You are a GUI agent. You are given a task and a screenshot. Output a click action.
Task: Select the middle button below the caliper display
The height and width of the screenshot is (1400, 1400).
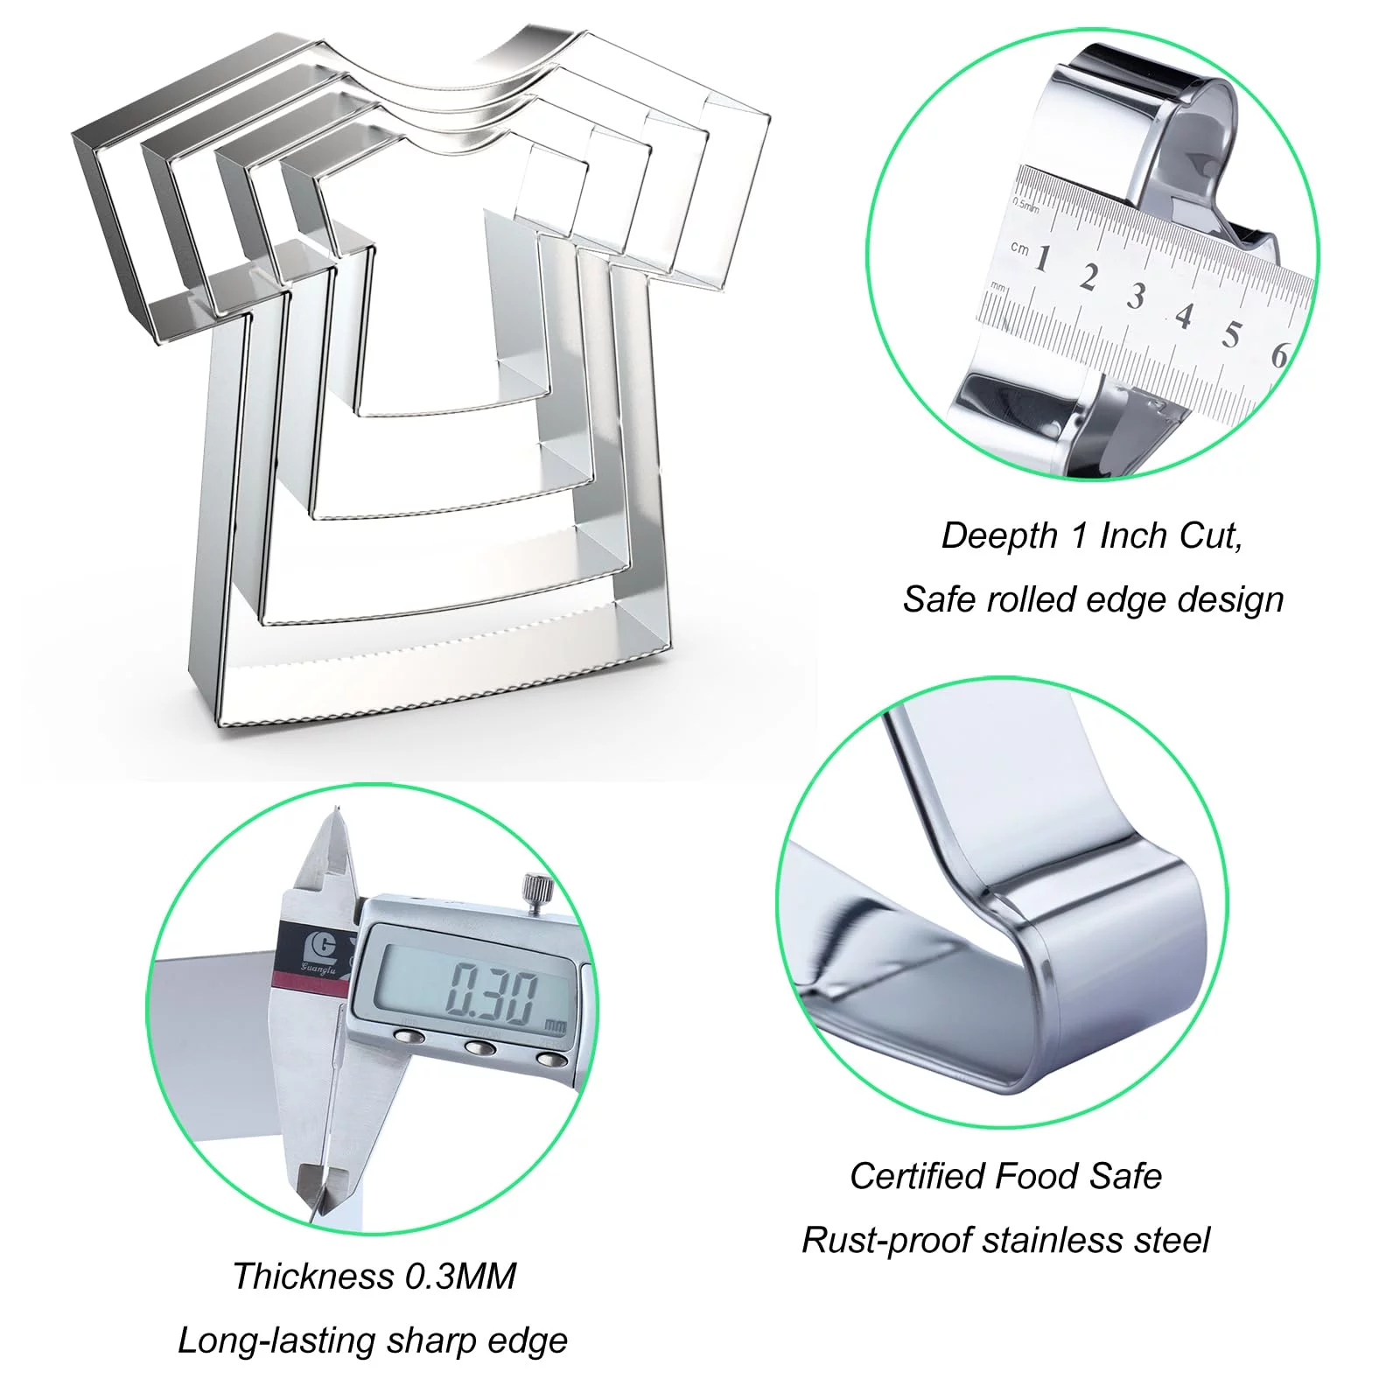coord(480,1047)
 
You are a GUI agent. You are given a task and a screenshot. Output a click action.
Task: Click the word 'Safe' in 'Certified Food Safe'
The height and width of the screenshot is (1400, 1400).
coord(1125,1176)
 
